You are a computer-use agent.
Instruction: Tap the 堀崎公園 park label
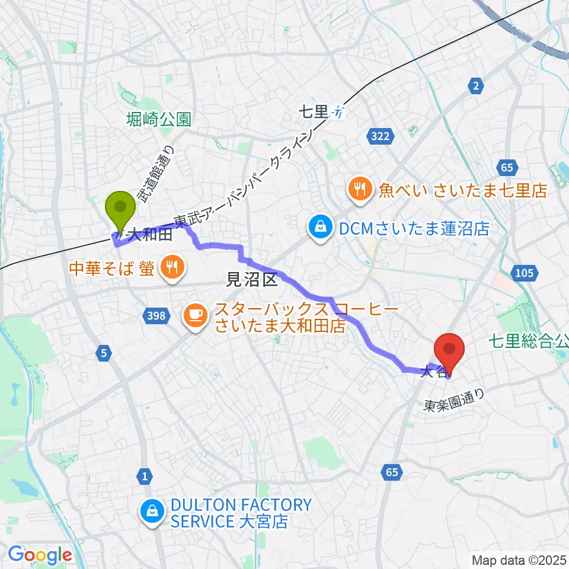point(159,120)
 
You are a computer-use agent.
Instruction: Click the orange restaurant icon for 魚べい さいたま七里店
point(359,190)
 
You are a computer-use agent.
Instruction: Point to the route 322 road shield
point(380,136)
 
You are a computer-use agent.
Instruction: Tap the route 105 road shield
point(525,273)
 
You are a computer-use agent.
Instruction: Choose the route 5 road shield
point(104,354)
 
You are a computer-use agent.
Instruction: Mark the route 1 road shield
point(145,475)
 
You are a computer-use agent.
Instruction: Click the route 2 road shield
point(475,87)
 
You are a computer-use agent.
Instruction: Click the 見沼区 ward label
point(254,280)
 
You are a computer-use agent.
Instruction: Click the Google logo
point(40,555)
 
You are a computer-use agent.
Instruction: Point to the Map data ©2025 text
point(518,560)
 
